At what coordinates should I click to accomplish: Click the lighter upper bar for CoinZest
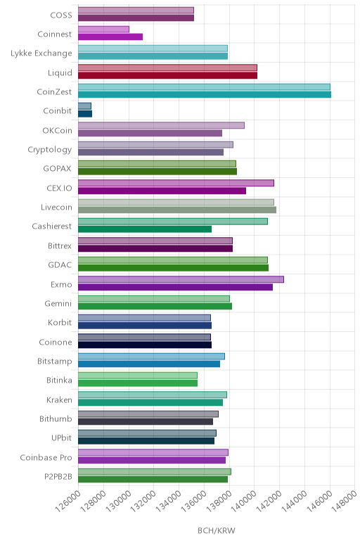tap(204, 87)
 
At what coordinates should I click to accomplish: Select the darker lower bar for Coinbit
tap(85, 113)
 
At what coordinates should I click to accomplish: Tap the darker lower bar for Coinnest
tap(110, 37)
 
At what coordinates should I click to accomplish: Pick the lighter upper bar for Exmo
tap(181, 279)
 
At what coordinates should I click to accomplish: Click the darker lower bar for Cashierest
tap(145, 229)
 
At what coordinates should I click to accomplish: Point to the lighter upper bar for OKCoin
tap(161, 125)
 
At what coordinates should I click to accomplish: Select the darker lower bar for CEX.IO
tap(162, 191)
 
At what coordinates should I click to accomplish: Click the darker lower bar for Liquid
tap(167, 75)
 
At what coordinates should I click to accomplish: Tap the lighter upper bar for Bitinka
tap(138, 376)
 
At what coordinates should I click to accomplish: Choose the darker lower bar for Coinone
tap(145, 345)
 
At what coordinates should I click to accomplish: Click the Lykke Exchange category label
tap(41, 53)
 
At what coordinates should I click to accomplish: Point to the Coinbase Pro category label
tap(46, 457)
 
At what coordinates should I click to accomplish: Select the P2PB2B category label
tap(58, 476)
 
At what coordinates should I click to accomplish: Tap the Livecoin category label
tap(56, 207)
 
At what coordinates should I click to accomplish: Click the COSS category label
tap(61, 15)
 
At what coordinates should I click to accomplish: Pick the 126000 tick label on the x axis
tap(67, 501)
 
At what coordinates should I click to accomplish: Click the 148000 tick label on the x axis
tap(344, 501)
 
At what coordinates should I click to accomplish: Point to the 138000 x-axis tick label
tap(219, 501)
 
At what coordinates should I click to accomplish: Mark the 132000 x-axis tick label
tap(143, 501)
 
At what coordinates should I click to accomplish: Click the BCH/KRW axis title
tap(217, 530)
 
